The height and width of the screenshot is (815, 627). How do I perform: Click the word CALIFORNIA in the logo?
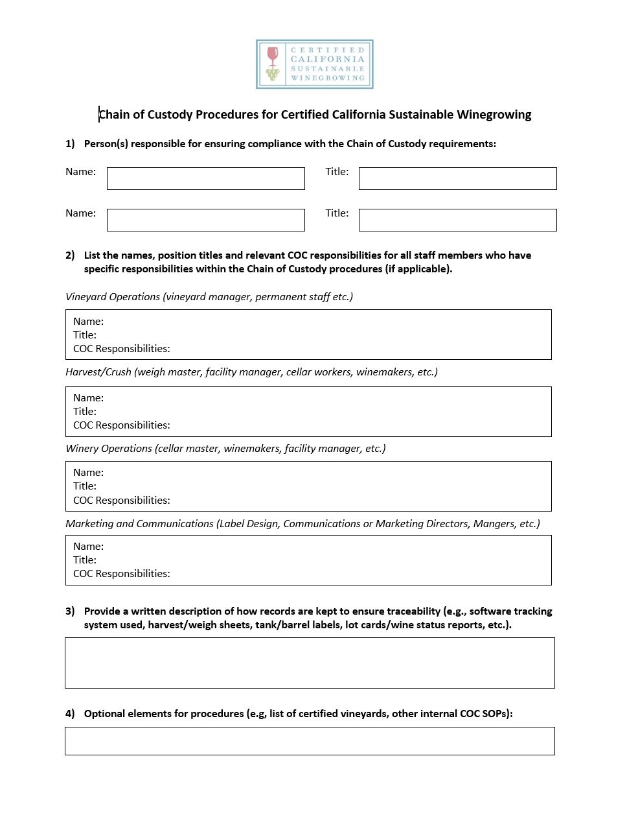[x=328, y=59]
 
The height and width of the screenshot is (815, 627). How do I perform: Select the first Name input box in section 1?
[x=205, y=179]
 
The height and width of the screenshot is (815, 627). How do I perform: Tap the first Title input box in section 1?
[x=457, y=179]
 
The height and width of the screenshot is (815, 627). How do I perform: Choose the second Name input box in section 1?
[x=205, y=220]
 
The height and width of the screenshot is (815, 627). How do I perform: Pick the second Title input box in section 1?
[x=457, y=220]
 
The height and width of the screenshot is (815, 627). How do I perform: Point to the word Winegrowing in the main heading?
[x=494, y=115]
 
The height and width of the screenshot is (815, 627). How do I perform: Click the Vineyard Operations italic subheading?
[x=209, y=297]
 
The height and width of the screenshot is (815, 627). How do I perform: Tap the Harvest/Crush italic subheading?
[x=251, y=372]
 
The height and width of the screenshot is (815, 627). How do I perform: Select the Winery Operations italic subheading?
[x=225, y=449]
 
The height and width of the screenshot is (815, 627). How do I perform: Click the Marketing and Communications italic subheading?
[x=302, y=524]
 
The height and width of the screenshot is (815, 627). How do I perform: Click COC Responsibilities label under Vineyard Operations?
[x=122, y=349]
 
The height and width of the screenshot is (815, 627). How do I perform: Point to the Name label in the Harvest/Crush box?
[x=88, y=398]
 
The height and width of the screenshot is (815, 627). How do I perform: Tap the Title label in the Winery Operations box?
[x=85, y=486]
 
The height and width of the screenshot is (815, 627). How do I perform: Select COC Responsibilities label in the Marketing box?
[x=122, y=574]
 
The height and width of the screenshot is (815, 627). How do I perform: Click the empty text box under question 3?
[x=310, y=663]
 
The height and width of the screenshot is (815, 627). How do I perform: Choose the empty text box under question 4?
[x=310, y=741]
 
